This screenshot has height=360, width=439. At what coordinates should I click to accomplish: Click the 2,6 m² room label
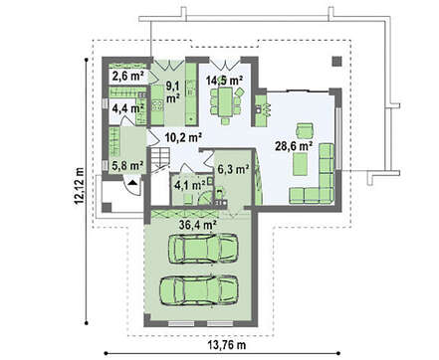(x=127, y=77)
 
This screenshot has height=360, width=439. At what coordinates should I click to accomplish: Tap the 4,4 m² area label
(x=127, y=108)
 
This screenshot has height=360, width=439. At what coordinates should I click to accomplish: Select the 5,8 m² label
(x=127, y=165)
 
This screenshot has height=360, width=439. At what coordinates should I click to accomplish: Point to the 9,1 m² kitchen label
(x=172, y=92)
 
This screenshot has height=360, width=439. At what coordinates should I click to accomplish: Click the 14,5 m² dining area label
(x=224, y=81)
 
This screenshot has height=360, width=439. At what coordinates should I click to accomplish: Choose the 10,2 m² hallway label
(x=184, y=137)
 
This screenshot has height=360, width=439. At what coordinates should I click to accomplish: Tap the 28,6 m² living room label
(x=294, y=145)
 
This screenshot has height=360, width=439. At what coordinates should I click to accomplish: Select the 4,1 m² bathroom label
(x=190, y=185)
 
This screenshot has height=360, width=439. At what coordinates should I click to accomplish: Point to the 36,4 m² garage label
(x=198, y=225)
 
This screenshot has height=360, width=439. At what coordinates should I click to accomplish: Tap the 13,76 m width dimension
(x=227, y=345)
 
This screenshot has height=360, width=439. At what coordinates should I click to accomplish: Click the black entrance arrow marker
(x=132, y=182)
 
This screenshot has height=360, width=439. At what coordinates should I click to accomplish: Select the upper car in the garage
(x=203, y=249)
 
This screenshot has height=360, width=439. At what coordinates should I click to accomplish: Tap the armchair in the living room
(x=305, y=130)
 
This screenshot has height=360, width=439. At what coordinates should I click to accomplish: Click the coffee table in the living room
(x=300, y=164)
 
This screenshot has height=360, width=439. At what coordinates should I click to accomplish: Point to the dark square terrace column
(x=337, y=62)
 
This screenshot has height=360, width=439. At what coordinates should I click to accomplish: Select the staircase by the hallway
(x=160, y=159)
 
